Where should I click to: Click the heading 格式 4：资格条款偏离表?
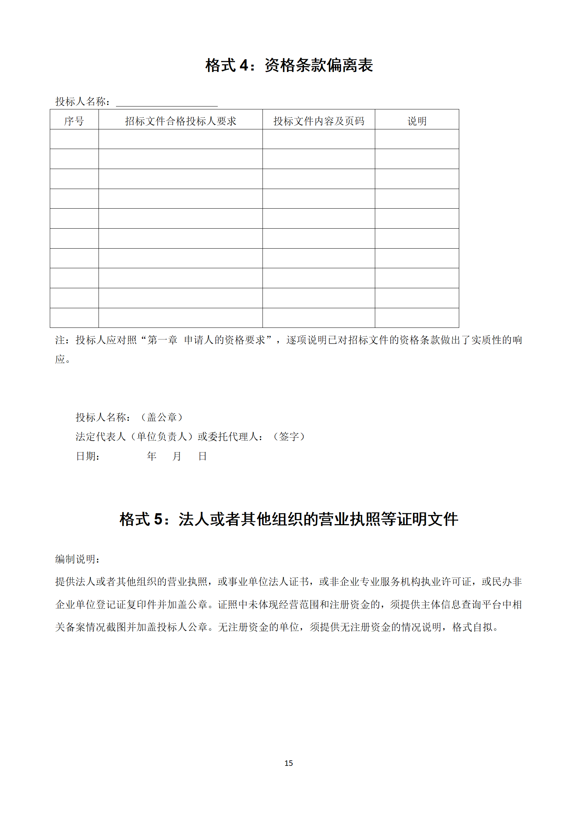(289, 65)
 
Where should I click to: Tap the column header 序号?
(74, 121)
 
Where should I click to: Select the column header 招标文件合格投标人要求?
(180, 121)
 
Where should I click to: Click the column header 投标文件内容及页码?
(318, 121)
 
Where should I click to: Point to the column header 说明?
(417, 121)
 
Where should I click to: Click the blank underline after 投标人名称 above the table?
(167, 102)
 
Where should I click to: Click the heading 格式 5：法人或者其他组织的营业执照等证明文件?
(289, 519)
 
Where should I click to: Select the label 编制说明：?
(77, 559)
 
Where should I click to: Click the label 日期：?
(88, 456)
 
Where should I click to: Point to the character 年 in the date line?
(152, 456)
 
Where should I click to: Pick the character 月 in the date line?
(177, 456)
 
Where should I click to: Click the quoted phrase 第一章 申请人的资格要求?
(206, 340)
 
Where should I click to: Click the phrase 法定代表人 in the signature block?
(100, 437)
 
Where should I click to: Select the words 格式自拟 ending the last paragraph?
(472, 627)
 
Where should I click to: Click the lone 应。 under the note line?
(63, 359)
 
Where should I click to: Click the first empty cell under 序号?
(74, 139)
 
